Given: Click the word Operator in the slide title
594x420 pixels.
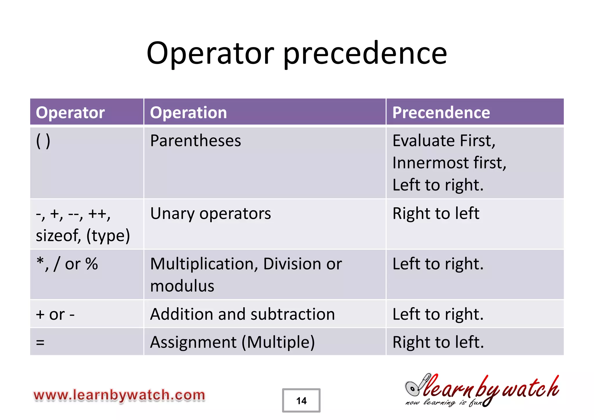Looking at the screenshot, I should [x=210, y=54].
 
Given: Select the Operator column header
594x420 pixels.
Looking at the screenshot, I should [x=70, y=112].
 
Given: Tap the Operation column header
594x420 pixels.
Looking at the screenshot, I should [x=188, y=112].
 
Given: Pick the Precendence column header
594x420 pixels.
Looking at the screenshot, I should [x=441, y=112].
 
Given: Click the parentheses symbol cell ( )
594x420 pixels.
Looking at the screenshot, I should [x=43, y=141].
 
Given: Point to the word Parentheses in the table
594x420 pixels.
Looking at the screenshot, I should [x=195, y=141].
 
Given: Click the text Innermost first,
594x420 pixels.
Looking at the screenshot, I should [x=449, y=163].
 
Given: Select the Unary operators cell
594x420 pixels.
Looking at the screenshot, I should [x=211, y=213].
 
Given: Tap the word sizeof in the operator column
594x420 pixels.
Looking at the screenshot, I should [x=58, y=235].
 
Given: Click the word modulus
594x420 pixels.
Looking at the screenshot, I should [x=182, y=286].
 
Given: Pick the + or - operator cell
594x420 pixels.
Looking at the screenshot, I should [x=55, y=314].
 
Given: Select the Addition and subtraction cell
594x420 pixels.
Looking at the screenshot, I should [x=242, y=314].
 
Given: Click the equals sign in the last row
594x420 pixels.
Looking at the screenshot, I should [x=40, y=342].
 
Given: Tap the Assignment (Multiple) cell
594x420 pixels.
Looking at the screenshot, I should [x=232, y=342].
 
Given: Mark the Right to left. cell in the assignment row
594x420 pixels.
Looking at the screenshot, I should [x=438, y=342].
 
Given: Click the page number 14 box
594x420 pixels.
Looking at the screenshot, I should [x=301, y=401].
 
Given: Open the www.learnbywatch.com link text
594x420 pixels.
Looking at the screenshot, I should [x=119, y=395].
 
